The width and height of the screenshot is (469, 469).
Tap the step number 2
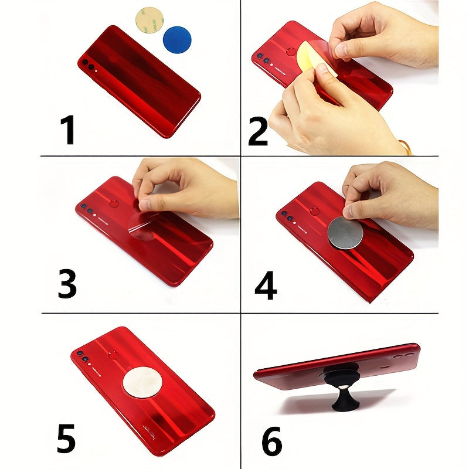point(258,130)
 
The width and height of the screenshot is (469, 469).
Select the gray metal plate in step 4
point(345,233)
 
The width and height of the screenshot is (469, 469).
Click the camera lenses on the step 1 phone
point(89,64)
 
